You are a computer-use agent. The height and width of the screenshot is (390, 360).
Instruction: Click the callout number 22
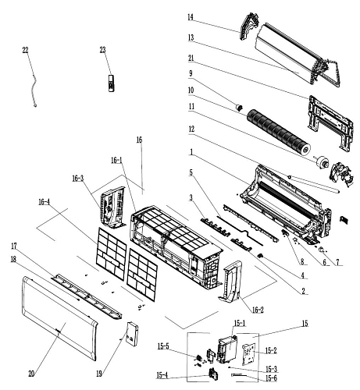pyautogui.click(x=25, y=50)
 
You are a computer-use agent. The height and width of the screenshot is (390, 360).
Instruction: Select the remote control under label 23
pyautogui.click(x=112, y=83)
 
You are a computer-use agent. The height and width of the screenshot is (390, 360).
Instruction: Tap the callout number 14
pyautogui.click(x=191, y=17)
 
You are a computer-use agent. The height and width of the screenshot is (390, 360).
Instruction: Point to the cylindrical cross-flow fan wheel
pyautogui.click(x=279, y=131)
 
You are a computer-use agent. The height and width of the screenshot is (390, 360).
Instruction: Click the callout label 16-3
pyautogui.click(x=78, y=179)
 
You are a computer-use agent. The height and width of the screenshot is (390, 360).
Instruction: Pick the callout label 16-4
pyautogui.click(x=45, y=202)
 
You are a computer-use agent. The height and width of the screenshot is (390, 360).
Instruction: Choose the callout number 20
pyautogui.click(x=31, y=374)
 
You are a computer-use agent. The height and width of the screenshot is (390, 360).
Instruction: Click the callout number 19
pyautogui.click(x=99, y=374)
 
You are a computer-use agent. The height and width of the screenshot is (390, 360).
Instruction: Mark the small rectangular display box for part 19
pyautogui.click(x=132, y=334)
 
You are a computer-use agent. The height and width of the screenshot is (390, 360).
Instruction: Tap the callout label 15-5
pyautogui.click(x=163, y=346)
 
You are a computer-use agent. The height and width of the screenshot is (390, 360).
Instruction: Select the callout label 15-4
pyautogui.click(x=162, y=375)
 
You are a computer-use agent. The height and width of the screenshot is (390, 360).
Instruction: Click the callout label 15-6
pyautogui.click(x=271, y=378)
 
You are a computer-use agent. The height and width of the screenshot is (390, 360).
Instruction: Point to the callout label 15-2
pyautogui.click(x=271, y=350)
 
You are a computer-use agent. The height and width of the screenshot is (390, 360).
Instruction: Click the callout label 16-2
pyautogui.click(x=258, y=310)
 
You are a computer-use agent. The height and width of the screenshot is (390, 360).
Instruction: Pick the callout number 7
pyautogui.click(x=337, y=262)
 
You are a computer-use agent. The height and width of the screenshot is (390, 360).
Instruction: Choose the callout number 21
pyautogui.click(x=191, y=58)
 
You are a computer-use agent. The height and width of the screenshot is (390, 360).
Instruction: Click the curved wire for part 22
pyautogui.click(x=33, y=88)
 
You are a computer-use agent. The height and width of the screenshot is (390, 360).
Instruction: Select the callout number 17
pyautogui.click(x=14, y=246)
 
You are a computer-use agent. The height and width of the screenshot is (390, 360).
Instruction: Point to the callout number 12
pyautogui.click(x=191, y=129)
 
